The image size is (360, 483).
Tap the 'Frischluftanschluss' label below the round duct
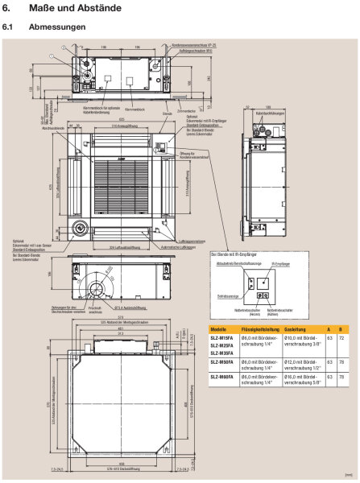[118, 309]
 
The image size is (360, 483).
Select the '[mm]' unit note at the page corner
[346, 477]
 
